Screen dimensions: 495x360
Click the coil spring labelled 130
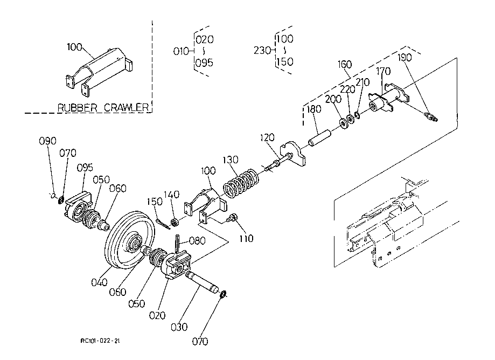(241, 183)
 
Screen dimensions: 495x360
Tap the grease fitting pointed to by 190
(432, 116)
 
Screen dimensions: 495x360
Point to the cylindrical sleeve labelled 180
(319, 139)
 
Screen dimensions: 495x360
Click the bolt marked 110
(233, 218)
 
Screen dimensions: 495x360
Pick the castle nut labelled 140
(175, 223)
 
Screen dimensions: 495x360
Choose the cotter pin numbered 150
(163, 223)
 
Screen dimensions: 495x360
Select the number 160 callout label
(344, 65)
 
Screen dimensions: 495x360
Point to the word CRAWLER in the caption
(126, 108)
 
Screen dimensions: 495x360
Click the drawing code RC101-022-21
(100, 341)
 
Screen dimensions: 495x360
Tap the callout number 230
(262, 51)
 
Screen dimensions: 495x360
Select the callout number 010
(181, 51)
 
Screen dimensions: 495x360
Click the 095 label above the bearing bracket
(85, 168)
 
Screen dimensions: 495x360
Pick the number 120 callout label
(267, 137)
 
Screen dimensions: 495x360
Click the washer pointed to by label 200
(344, 123)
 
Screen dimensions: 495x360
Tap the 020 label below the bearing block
(157, 315)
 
